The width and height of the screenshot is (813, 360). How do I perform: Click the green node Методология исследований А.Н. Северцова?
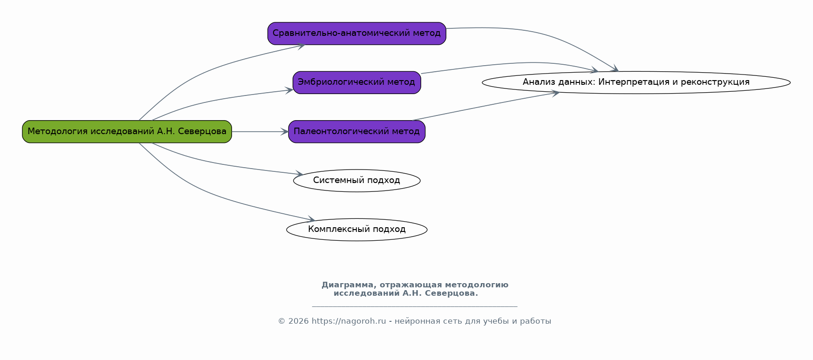pos(127,131)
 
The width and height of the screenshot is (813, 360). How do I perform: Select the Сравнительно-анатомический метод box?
pos(357,34)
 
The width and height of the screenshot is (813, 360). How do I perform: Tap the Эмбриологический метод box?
pos(357,82)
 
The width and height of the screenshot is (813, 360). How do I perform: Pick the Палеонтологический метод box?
pos(357,131)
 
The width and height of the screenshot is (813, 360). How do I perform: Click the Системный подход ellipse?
pos(357,181)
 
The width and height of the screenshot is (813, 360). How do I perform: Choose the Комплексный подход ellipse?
pos(357,230)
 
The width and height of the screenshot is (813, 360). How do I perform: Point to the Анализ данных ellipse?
pos(636,82)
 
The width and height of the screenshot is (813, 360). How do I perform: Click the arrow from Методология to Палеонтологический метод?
pos(260,132)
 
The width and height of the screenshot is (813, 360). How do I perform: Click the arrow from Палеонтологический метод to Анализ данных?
pos(486,106)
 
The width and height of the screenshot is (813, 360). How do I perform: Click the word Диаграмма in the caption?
pos(348,285)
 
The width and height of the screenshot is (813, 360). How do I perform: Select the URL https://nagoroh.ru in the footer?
pos(349,321)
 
